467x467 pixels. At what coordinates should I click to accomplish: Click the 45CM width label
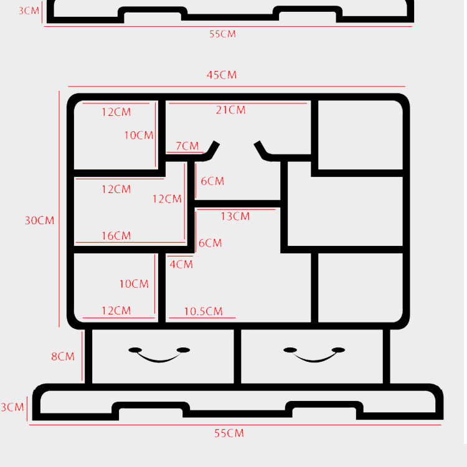[222, 75]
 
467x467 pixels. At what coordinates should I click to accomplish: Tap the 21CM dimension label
[231, 110]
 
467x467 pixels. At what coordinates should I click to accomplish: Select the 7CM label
[187, 146]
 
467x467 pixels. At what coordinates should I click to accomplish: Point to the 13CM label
[235, 217]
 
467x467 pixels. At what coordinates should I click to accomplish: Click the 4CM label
[181, 264]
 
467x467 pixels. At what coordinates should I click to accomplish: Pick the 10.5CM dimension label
[203, 311]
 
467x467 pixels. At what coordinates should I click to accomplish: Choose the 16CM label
[116, 236]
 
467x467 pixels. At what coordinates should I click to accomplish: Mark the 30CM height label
[39, 220]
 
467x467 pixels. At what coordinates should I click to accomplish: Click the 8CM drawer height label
[63, 357]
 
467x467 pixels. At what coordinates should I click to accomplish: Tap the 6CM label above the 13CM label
[212, 182]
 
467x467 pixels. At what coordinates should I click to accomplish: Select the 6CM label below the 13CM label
[210, 243]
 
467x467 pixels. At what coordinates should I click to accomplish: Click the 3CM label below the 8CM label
[12, 408]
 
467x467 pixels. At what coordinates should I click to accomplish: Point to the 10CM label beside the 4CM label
[134, 284]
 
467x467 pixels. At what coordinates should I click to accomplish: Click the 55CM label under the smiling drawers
[230, 433]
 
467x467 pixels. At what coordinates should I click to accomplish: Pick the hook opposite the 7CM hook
[262, 151]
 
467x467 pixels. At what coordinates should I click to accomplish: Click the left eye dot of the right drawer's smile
[289, 350]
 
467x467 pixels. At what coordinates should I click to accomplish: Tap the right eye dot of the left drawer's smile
[184, 350]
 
